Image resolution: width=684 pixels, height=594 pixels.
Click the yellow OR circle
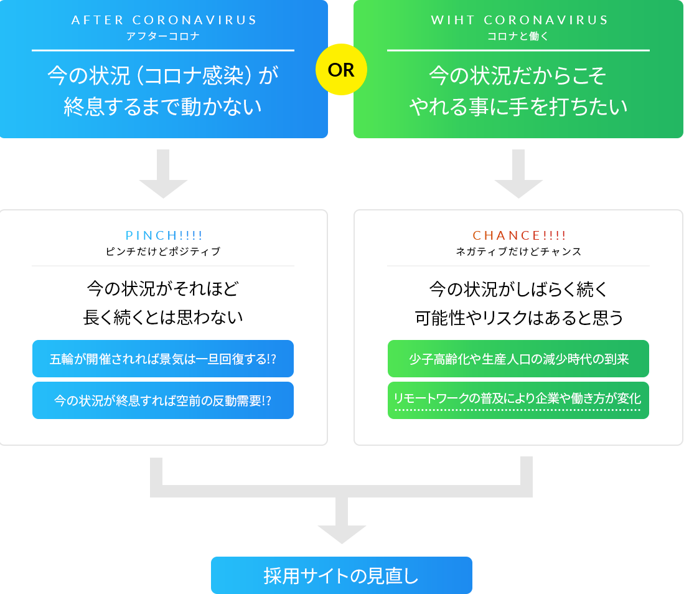pos(341,70)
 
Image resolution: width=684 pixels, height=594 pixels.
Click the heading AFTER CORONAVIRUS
pos(164,20)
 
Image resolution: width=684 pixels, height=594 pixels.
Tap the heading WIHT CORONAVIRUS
pos(519,20)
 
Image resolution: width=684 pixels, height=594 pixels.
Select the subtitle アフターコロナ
pos(164,36)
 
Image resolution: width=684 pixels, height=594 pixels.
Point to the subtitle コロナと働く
pos(518,36)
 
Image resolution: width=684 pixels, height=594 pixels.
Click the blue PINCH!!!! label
pos(164,235)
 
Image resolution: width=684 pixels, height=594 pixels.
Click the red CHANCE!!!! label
pos(519,235)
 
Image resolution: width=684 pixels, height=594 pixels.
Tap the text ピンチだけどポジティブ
pos(163,252)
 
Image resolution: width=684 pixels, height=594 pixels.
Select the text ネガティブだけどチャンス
pos(518,252)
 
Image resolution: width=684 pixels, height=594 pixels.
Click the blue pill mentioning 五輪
pos(163,359)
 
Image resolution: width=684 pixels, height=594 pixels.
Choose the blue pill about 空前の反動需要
pos(163,400)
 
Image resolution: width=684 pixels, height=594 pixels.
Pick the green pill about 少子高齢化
pos(518,359)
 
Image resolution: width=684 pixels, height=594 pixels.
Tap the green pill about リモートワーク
pos(518,399)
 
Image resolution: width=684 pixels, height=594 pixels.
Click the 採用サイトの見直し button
pos(341,575)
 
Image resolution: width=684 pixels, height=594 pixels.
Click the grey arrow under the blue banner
pos(163,175)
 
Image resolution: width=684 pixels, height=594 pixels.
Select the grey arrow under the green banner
pos(518,175)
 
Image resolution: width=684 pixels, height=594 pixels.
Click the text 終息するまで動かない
pos(163,107)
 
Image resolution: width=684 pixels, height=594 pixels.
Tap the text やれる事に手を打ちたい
pos(518,107)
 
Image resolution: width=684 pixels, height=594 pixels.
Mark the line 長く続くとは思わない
pos(163,318)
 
